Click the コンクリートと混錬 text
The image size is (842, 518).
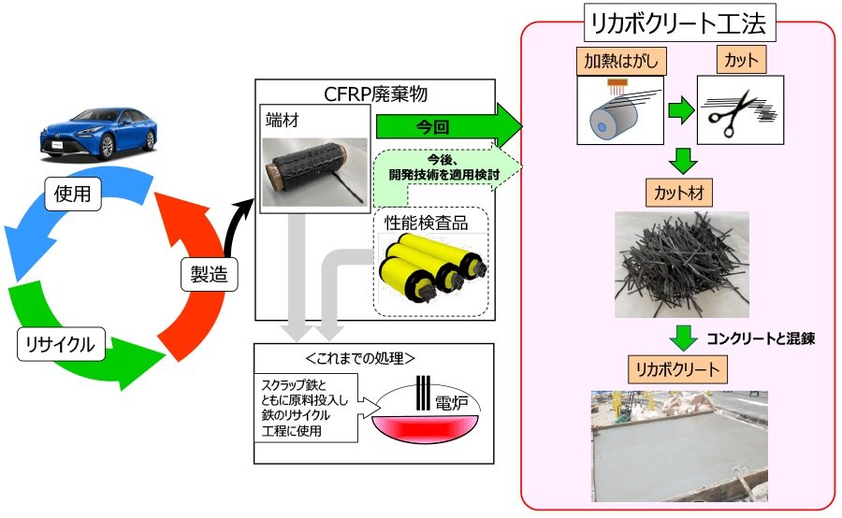click(x=761, y=338)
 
